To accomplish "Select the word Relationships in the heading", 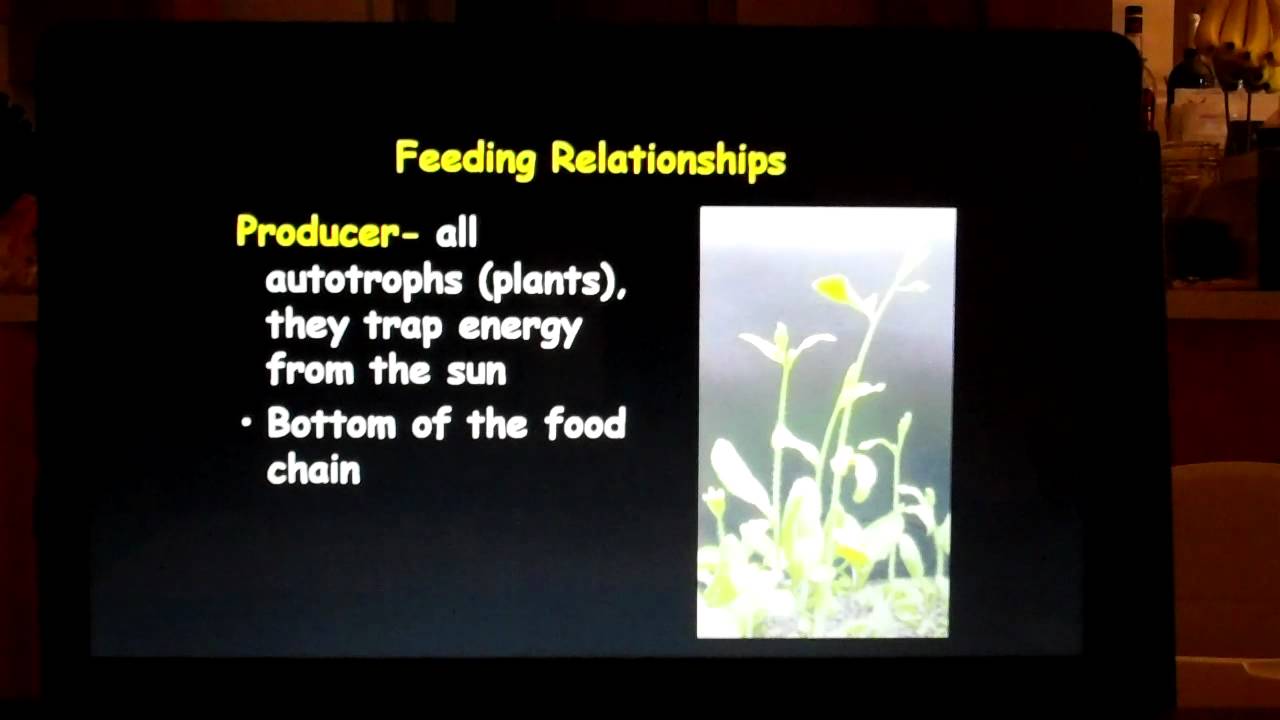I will point(668,160).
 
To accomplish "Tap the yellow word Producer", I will point(317,232).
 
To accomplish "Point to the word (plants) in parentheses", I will point(553,281).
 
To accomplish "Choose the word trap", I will point(406,326).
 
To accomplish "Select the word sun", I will point(476,371).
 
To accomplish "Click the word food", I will point(585,423).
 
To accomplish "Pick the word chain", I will point(313,468).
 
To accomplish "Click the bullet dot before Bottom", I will point(246,424).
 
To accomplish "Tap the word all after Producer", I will point(456,233).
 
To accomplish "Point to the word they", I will point(307,327).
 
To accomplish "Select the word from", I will point(311,371).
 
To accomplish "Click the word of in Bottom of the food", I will point(431,423).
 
